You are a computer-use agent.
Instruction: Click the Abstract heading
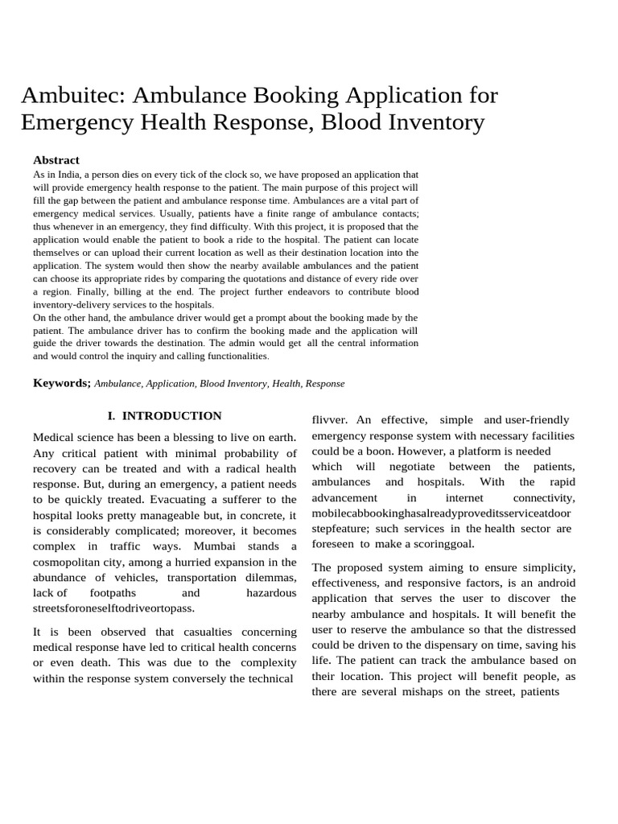(56, 160)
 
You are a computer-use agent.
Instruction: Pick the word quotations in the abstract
(262, 278)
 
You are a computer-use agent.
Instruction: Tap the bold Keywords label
(61, 383)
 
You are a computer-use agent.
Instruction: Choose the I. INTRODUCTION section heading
(165, 416)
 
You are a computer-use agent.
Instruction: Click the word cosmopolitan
(68, 562)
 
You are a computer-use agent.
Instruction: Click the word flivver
(329, 420)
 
